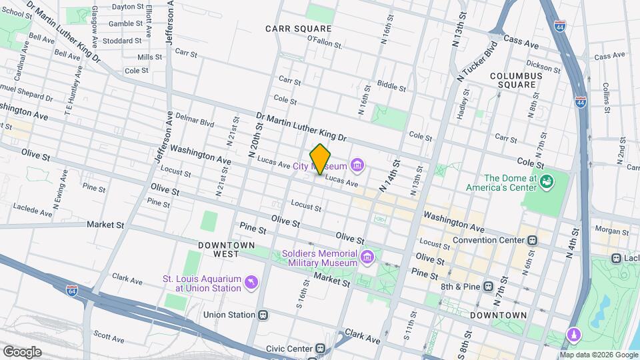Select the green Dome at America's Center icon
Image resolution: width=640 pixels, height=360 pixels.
pyautogui.click(x=547, y=181)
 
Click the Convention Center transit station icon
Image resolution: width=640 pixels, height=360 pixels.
pyautogui.click(x=532, y=240)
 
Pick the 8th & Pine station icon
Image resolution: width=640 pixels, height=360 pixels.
pyautogui.click(x=489, y=286)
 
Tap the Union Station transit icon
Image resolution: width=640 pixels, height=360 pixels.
pyautogui.click(x=263, y=315)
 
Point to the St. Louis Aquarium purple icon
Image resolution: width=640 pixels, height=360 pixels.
pyautogui.click(x=250, y=283)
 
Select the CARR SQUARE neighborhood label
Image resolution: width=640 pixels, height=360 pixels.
pyautogui.click(x=298, y=29)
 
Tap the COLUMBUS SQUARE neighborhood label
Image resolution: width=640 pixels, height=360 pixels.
pyautogui.click(x=516, y=81)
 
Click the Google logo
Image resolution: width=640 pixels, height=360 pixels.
pyautogui.click(x=23, y=351)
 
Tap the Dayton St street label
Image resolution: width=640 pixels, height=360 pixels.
pyautogui.click(x=127, y=7)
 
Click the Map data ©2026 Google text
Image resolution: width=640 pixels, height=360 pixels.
pyautogui.click(x=591, y=354)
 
